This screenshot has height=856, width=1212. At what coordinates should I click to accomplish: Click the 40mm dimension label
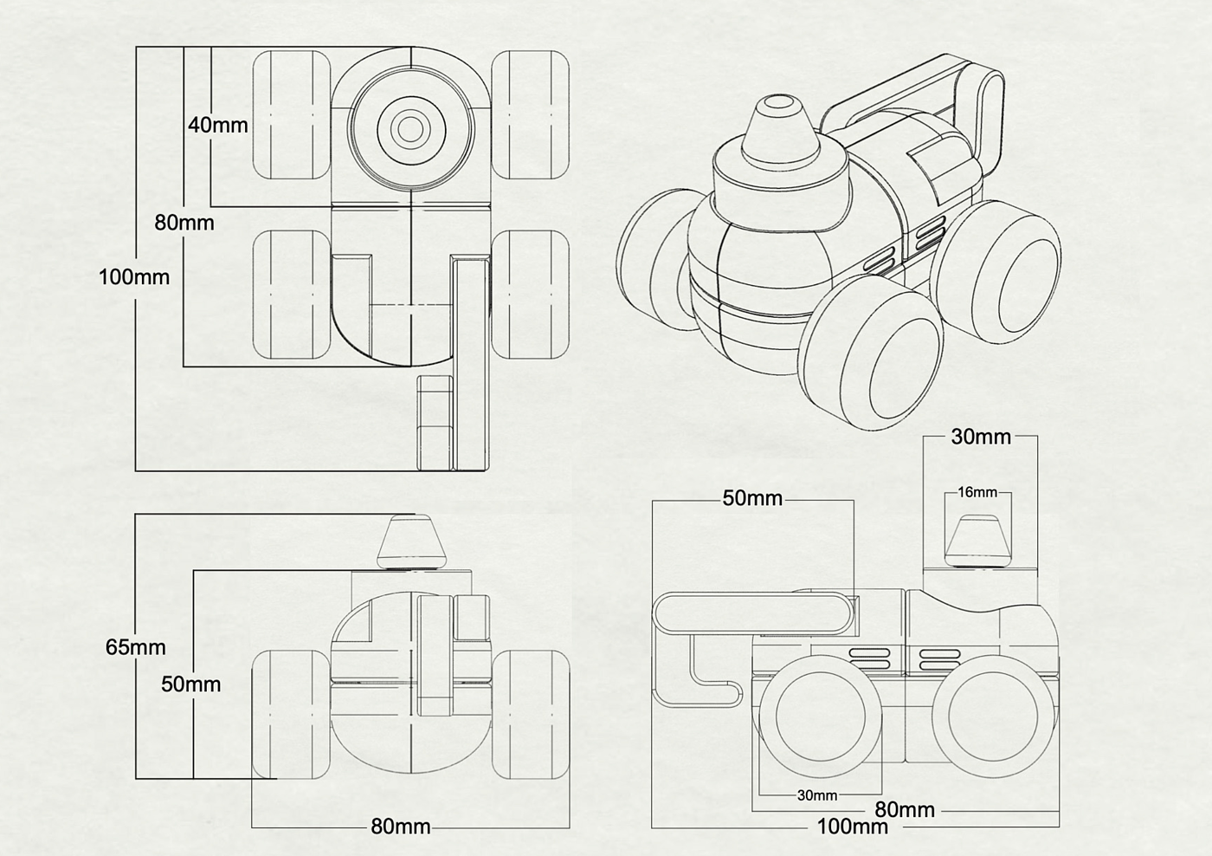pyautogui.click(x=218, y=126)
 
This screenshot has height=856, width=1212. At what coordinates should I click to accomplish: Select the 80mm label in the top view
pyautogui.click(x=184, y=223)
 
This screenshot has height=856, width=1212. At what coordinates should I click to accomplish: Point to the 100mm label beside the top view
pyautogui.click(x=134, y=277)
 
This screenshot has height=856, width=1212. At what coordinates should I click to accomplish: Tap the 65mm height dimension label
pyautogui.click(x=135, y=647)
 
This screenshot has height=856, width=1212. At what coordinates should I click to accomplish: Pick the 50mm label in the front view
pyautogui.click(x=191, y=684)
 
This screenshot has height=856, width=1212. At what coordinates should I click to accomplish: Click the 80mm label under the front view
pyautogui.click(x=401, y=827)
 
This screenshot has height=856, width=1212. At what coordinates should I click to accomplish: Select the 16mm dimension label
pyautogui.click(x=977, y=492)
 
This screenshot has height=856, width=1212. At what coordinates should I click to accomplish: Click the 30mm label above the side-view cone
pyautogui.click(x=981, y=437)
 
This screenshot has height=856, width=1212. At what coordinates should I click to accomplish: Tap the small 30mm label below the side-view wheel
pyautogui.click(x=817, y=795)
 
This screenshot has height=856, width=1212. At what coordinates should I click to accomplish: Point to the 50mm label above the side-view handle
pyautogui.click(x=752, y=498)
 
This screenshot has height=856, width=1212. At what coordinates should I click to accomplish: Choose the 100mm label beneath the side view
pyautogui.click(x=852, y=827)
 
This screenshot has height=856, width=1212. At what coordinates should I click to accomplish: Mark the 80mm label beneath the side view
pyautogui.click(x=905, y=810)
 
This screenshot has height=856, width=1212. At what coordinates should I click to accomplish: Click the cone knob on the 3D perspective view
pyautogui.click(x=779, y=133)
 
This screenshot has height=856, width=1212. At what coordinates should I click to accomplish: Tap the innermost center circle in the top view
pyautogui.click(x=410, y=129)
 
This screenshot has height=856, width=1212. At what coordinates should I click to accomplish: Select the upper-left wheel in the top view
pyautogui.click(x=292, y=114)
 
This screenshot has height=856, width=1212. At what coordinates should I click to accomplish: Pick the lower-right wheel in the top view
pyautogui.click(x=530, y=295)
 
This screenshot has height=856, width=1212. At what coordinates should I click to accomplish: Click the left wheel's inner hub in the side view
pyautogui.click(x=821, y=717)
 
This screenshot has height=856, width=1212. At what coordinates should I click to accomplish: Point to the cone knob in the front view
pyautogui.click(x=412, y=541)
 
